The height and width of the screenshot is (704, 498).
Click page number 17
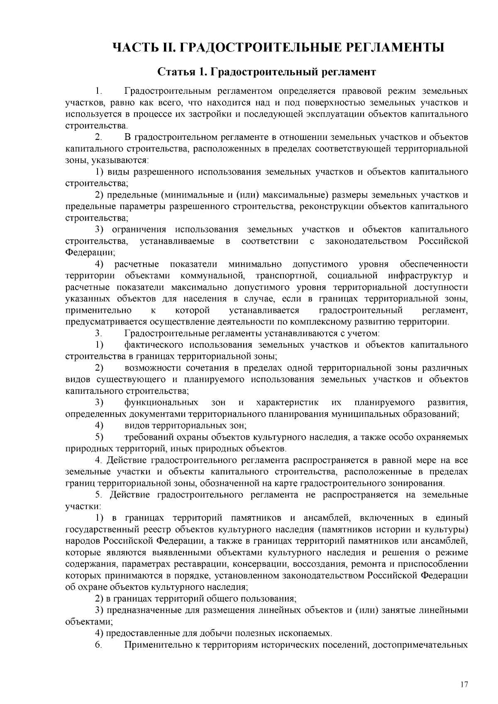pyautogui.click(x=464, y=685)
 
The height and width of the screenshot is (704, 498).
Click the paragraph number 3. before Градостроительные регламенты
pyautogui.click(x=98, y=333)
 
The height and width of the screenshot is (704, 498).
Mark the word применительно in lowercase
pyautogui.click(x=99, y=311)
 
